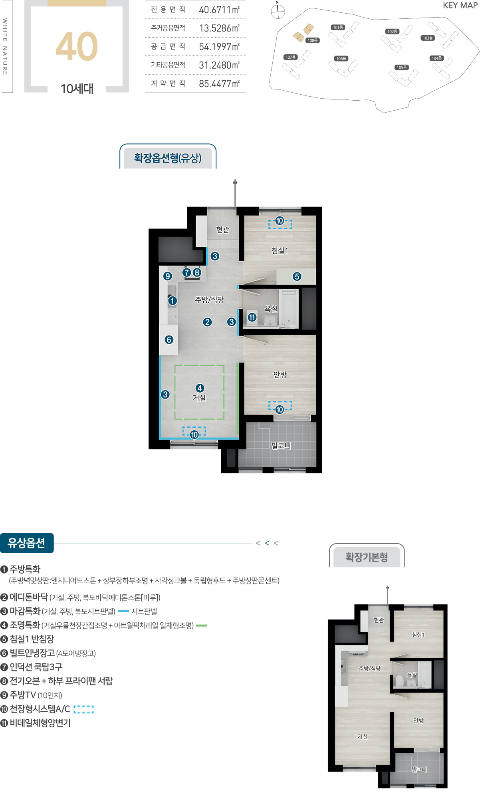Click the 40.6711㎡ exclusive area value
coord(219,10)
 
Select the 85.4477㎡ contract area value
coord(219,83)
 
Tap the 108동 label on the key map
coord(313,40)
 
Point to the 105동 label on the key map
coord(402,67)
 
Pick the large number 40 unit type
coord(77,47)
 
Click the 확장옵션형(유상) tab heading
coord(168,158)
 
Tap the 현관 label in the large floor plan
coord(223,229)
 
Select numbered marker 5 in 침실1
coord(297,276)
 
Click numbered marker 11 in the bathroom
coord(252,318)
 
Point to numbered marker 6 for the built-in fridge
coord(169,339)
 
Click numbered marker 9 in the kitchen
coord(168,276)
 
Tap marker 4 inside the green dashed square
coord(200,388)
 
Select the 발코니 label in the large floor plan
coord(281,445)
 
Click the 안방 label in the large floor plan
coord(280,375)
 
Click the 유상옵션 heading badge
coord(26,543)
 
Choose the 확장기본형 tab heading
coord(367,557)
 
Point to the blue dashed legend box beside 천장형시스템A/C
coord(84,709)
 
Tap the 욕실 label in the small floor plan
coord(412,675)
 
